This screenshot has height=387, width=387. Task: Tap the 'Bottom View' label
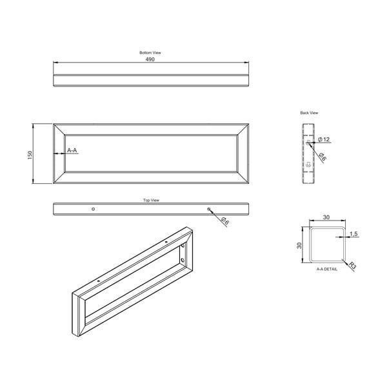(x=150, y=52)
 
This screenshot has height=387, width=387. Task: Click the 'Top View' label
(x=151, y=201)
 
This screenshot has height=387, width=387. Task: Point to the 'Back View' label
(x=309, y=112)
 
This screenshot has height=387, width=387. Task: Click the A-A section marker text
(x=72, y=150)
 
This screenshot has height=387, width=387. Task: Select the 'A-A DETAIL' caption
(x=326, y=269)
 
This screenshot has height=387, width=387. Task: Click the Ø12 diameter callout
(x=324, y=140)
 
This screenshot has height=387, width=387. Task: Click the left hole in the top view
(x=94, y=209)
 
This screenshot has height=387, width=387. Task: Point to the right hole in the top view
(x=208, y=209)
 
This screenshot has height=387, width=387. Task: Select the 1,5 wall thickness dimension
(x=353, y=233)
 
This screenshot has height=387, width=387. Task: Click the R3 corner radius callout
(x=353, y=264)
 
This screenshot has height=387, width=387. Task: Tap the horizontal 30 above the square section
(x=326, y=217)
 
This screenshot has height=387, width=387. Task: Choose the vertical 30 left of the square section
(x=299, y=245)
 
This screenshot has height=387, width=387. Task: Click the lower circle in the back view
(x=308, y=166)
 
